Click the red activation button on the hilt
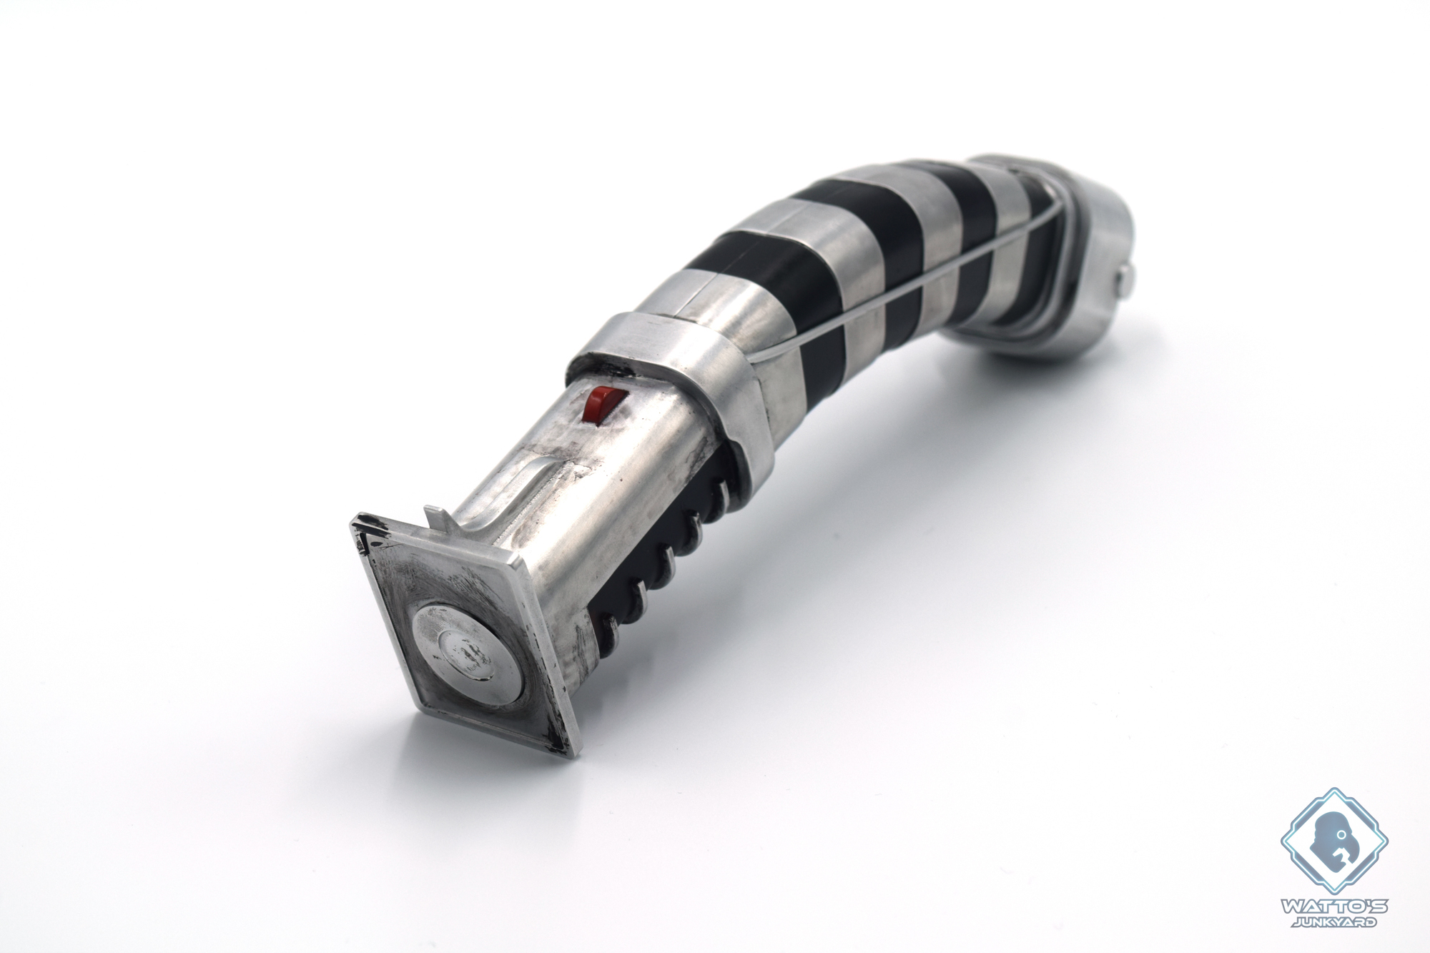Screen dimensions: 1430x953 [x=599, y=405]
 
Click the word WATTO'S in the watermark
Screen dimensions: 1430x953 [x=1333, y=907]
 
